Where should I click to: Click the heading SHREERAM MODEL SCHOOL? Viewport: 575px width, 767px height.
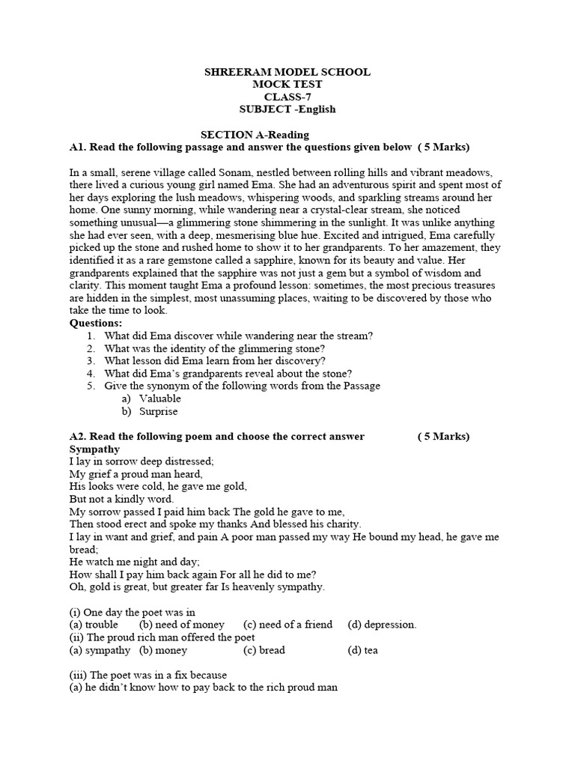[x=287, y=72]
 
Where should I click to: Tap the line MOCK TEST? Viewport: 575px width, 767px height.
[x=287, y=85]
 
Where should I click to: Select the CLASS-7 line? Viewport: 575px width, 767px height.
[x=287, y=97]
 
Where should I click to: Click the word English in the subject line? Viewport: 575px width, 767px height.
[x=315, y=109]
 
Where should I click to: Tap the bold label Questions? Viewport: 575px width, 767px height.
[x=95, y=323]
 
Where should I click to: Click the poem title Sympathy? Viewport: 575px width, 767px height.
[x=94, y=449]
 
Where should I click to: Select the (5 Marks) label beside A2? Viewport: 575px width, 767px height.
[x=443, y=437]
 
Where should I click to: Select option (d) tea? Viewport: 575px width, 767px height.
[x=362, y=650]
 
